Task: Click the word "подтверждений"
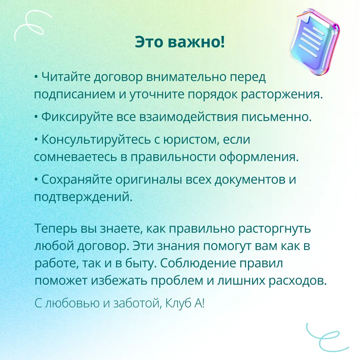(x=83, y=197)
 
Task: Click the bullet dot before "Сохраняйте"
(x=36, y=180)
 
